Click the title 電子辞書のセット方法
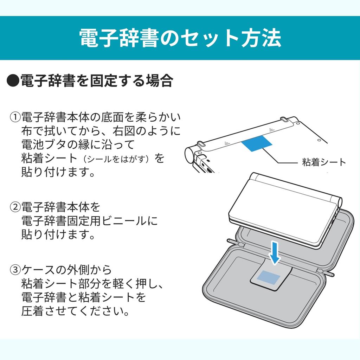180,38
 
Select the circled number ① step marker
15,117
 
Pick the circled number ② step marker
15,207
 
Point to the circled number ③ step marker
15,269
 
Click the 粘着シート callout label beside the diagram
324,162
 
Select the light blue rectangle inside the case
269,277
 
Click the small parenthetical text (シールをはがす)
117,159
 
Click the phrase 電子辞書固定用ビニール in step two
84,221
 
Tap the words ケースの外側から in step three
66,270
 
